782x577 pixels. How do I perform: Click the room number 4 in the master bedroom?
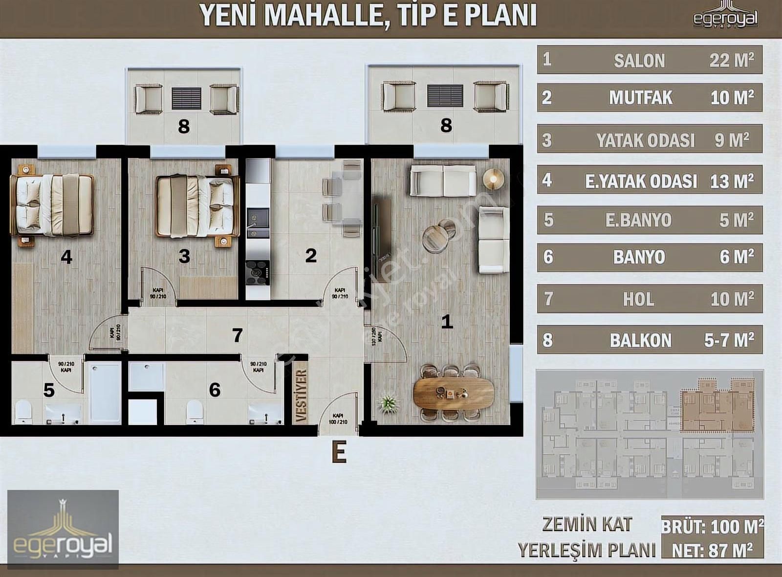[x=66, y=257]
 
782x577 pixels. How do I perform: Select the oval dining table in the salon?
[x=453, y=393]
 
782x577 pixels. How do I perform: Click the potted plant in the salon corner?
[x=389, y=404]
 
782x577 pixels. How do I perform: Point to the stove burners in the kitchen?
[x=258, y=272]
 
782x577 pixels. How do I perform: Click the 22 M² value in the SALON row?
[x=731, y=60]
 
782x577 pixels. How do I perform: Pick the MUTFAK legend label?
[x=640, y=98]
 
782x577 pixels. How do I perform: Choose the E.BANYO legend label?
[x=638, y=220]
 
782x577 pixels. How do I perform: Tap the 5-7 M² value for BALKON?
[x=729, y=340]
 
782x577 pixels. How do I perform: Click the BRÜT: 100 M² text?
[x=712, y=527]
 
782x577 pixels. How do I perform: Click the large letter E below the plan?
[x=339, y=452]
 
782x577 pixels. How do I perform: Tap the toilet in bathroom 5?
[x=23, y=412]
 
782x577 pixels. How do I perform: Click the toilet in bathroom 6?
[x=195, y=412]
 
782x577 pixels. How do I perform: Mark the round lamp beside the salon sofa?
[x=493, y=179]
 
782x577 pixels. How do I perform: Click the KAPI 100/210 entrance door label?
[x=338, y=419]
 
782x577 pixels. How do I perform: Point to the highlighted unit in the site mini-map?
[x=717, y=405]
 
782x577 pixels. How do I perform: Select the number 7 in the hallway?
[x=238, y=335]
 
